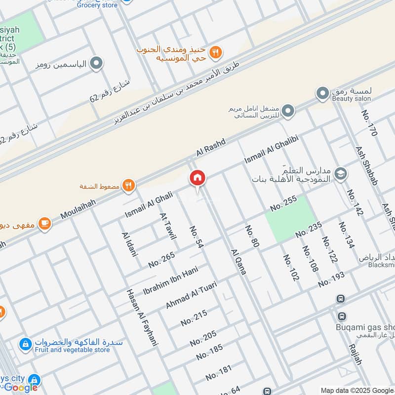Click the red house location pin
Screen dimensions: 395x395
click(197, 178)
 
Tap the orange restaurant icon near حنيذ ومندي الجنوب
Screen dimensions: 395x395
click(215, 52)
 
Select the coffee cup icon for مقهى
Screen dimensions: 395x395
click(44, 224)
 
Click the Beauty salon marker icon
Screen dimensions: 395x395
click(322, 92)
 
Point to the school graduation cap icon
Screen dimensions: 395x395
click(340, 174)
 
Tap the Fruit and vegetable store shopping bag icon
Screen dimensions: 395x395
click(24, 343)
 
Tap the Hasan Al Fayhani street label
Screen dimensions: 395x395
click(141, 316)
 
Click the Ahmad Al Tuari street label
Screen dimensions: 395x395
click(191, 295)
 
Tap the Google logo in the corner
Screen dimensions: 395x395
click(21, 388)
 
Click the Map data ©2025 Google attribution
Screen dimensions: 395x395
click(356, 390)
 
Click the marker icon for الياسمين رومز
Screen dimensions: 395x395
click(97, 64)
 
